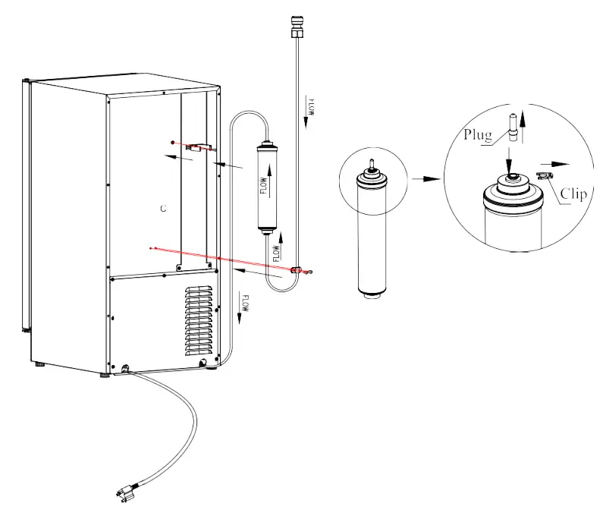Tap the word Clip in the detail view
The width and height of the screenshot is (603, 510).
point(573,194)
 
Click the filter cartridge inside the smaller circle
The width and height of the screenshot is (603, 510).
point(371,235)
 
